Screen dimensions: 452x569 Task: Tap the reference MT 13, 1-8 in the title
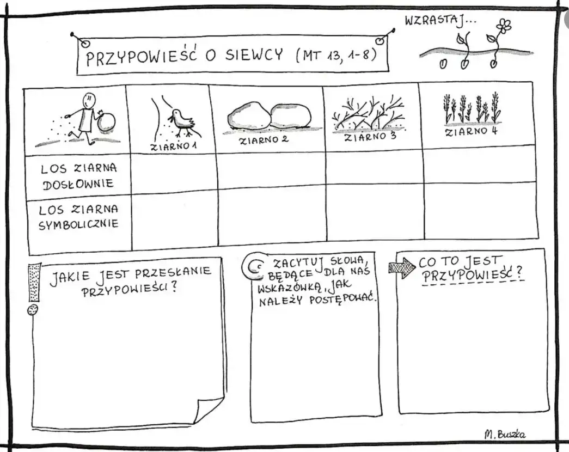point(335,54)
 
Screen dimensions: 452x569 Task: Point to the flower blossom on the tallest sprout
point(504,25)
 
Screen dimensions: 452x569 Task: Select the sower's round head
point(89,100)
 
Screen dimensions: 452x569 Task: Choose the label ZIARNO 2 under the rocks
point(264,139)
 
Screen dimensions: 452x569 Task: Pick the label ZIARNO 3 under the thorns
point(370,136)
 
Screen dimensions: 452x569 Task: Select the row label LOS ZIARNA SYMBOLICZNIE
point(79,216)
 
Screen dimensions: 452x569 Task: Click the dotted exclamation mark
point(34,289)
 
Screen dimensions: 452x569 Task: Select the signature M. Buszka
point(504,434)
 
